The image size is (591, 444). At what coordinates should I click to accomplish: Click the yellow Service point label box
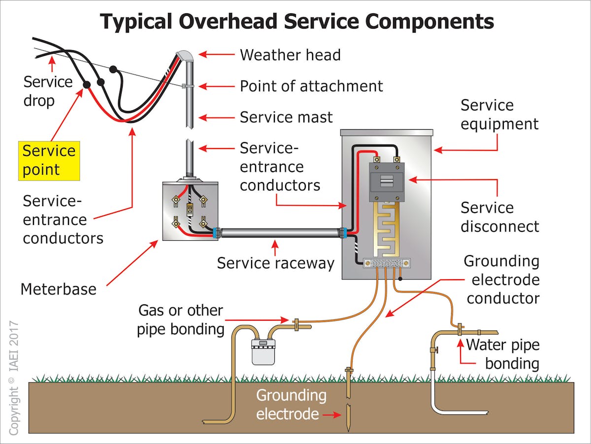pos(49,160)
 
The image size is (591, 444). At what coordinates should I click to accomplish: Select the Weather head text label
pos(290,55)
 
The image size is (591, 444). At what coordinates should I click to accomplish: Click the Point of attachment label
pos(311,86)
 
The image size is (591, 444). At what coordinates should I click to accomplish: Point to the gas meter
pos(263,351)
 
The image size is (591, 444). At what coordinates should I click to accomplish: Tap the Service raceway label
pos(275,263)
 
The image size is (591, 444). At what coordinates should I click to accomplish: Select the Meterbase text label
pos(58,289)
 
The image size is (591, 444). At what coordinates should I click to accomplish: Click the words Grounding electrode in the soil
pos(291,405)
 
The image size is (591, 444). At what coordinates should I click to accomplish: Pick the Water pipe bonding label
pos(502,354)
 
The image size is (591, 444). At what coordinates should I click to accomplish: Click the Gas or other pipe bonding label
pos(180,320)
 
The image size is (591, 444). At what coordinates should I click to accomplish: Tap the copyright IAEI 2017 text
pos(14,378)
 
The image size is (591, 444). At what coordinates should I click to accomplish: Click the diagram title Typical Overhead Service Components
pos(297,22)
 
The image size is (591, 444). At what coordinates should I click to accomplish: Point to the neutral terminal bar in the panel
pos(387,264)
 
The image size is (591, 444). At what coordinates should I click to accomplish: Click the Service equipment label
pos(499,114)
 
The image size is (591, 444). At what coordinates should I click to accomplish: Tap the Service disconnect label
pos(499,217)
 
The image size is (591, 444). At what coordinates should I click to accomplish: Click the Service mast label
pos(286,117)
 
